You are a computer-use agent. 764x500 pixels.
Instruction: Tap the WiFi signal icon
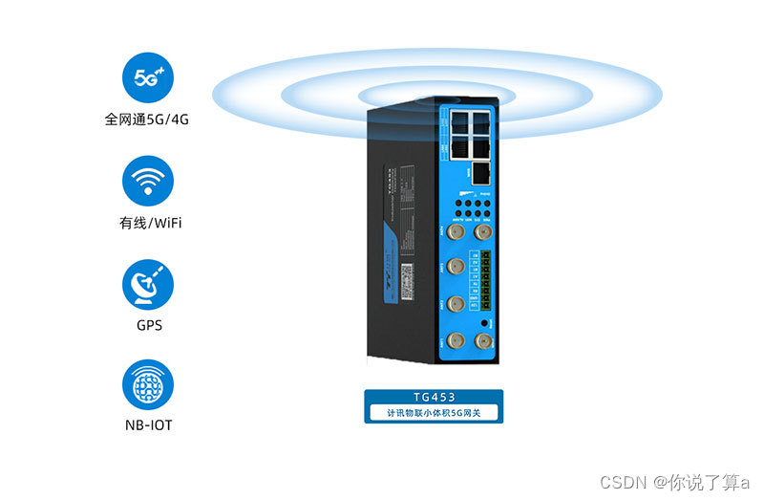(x=148, y=182)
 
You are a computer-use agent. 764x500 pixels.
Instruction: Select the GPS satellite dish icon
(x=148, y=284)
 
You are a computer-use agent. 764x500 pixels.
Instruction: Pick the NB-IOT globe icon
(x=148, y=385)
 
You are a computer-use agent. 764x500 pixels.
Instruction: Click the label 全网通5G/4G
(x=148, y=121)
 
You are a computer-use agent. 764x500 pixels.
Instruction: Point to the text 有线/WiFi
(x=148, y=224)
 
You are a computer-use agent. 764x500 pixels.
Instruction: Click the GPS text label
(x=148, y=325)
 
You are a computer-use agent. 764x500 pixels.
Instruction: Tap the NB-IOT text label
(x=148, y=424)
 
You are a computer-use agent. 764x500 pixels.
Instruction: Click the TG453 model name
(x=435, y=397)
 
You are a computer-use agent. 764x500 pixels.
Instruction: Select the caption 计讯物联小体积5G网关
(x=435, y=414)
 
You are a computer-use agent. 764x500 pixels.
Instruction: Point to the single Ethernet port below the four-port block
(x=481, y=173)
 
